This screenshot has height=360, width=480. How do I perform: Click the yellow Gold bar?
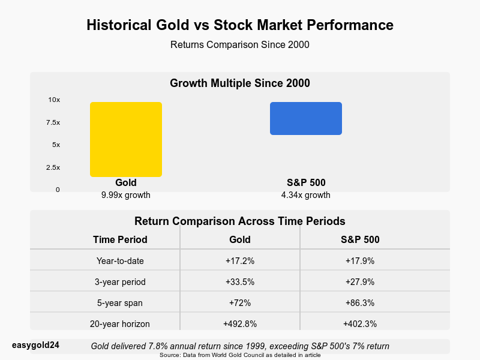[126, 139]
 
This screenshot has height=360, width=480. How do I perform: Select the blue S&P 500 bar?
[306, 118]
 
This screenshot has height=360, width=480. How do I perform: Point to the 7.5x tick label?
[53, 122]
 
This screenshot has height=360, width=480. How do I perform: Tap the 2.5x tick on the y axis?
[53, 167]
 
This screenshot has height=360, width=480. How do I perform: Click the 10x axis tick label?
[54, 100]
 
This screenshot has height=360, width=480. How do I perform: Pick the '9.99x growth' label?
[126, 195]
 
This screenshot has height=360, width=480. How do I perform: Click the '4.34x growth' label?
[306, 195]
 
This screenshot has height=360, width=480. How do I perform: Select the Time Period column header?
[120, 239]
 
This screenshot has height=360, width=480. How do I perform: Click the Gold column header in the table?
[240, 239]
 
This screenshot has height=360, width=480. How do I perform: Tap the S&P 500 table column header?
[360, 239]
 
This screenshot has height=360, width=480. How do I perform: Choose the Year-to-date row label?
[120, 261]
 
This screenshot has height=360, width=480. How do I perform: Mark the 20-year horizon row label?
[120, 324]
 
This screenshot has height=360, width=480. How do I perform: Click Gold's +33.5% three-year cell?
[240, 282]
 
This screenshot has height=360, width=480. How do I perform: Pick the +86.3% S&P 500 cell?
[360, 303]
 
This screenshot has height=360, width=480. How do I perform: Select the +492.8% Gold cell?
[240, 324]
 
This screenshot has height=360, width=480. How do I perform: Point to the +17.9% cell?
[360, 261]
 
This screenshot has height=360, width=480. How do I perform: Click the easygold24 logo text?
[35, 345]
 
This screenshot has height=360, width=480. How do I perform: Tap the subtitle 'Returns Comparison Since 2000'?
[240, 44]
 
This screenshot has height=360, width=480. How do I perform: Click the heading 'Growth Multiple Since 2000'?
[240, 83]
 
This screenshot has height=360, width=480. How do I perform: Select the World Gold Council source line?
[240, 355]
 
